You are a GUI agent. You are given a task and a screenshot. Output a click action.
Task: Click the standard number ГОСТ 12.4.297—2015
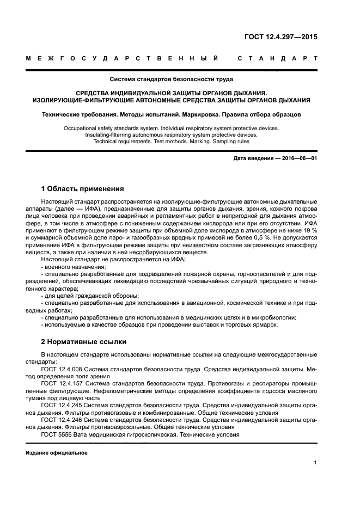point(280,38)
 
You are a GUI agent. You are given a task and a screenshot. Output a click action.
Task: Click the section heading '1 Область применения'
point(83,189)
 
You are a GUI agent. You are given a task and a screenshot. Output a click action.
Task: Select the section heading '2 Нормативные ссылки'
point(84,342)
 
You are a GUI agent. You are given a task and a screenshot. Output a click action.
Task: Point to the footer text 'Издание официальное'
point(57,453)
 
